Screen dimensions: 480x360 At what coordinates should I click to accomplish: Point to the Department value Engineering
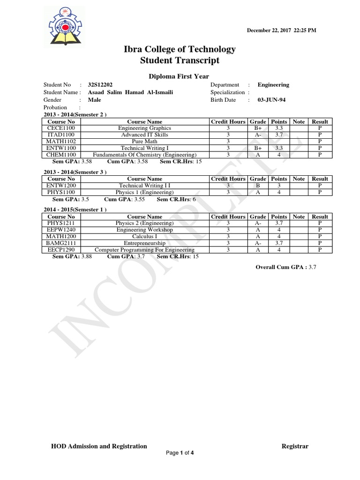(x=273, y=85)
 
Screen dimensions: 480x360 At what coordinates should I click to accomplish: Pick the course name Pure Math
(x=144, y=141)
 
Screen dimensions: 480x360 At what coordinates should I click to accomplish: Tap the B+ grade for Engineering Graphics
(x=258, y=128)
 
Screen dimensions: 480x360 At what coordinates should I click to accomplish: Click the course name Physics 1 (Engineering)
(x=144, y=192)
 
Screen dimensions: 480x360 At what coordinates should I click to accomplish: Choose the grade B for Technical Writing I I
(x=258, y=185)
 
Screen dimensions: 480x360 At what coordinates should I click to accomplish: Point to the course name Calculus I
(x=144, y=236)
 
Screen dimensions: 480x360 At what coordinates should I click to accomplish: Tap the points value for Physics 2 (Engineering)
(x=279, y=223)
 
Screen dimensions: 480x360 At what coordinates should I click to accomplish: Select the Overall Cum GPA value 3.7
(x=313, y=267)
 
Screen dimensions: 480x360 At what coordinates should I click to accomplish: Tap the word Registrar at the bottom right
(x=295, y=446)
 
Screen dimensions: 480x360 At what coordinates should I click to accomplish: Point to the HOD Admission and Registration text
(x=99, y=446)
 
